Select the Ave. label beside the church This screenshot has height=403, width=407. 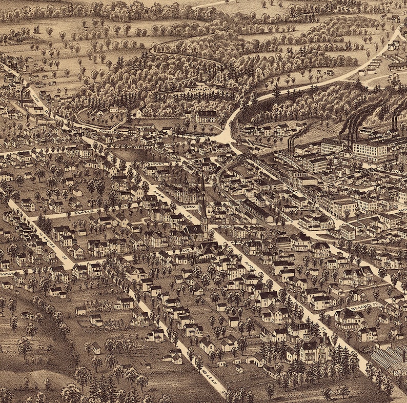190,206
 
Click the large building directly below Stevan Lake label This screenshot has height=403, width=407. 207,117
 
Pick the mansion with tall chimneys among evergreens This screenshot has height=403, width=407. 314,349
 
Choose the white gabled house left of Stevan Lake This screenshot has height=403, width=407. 136,112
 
